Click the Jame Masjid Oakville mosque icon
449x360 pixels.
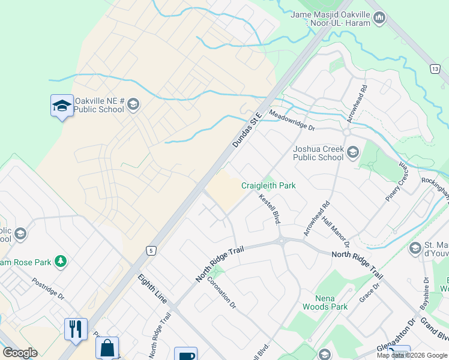(x=379, y=19)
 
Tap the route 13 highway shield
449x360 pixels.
(x=434, y=70)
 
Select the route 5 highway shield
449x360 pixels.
(x=152, y=250)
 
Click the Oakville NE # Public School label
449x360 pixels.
(x=99, y=105)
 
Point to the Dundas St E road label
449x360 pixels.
(x=248, y=130)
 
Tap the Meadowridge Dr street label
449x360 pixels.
(x=292, y=119)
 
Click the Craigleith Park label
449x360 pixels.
(x=268, y=185)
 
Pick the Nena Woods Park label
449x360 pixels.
(x=332, y=302)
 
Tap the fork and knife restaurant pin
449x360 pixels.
(x=76, y=330)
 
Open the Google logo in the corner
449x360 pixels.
(x=20, y=353)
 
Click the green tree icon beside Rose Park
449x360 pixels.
(x=60, y=261)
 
